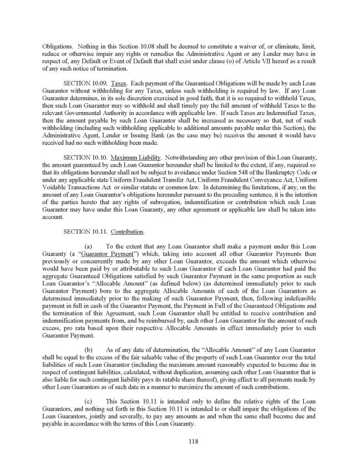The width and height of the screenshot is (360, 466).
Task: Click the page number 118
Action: [180, 440]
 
